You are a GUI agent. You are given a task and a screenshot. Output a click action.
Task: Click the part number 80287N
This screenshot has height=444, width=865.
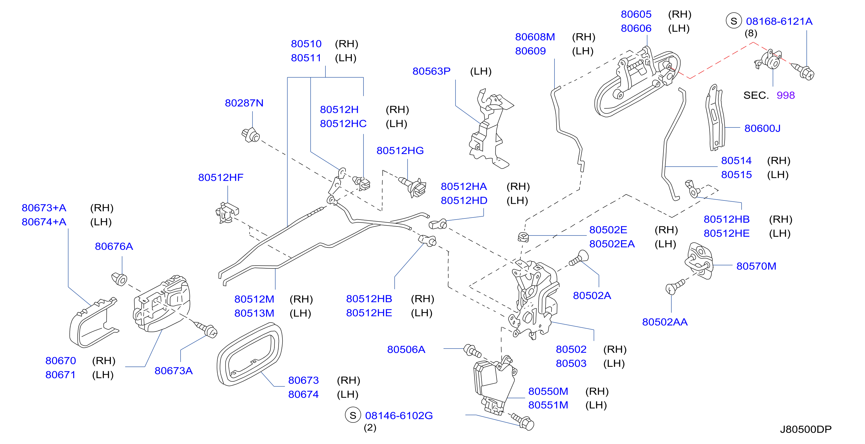[244, 103]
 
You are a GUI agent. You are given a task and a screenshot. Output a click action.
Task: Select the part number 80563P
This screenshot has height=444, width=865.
[432, 71]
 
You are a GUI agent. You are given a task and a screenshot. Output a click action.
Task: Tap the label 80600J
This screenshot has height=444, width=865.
[762, 128]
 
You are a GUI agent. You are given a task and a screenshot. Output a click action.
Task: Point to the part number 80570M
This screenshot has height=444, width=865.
[756, 266]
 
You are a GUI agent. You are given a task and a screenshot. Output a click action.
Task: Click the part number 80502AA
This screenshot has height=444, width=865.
[665, 322]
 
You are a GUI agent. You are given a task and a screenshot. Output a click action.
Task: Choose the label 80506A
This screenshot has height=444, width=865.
[406, 349]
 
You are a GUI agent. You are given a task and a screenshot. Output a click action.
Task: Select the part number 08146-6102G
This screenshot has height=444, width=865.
[399, 416]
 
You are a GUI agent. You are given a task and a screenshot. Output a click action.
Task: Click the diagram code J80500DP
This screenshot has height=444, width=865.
[806, 429]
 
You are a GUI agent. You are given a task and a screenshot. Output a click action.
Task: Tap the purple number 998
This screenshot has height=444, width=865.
[786, 95]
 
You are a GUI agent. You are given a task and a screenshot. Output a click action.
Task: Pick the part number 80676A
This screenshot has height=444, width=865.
[114, 246]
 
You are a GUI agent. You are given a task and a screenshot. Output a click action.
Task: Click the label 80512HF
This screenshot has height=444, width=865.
[221, 177]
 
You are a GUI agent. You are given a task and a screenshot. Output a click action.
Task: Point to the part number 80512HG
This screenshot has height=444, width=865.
[400, 150]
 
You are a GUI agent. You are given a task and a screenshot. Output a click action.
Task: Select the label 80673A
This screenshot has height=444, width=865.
[174, 371]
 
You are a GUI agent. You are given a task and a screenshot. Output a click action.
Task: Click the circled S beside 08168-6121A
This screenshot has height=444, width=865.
[734, 21]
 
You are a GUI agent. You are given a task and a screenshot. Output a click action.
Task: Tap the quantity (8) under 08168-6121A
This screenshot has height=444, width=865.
[751, 33]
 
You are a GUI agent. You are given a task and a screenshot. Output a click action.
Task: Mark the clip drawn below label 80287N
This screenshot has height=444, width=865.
[251, 135]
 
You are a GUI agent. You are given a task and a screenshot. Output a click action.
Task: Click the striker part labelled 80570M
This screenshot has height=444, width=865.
[699, 261]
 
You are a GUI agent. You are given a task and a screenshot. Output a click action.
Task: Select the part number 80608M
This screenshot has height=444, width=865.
[535, 37]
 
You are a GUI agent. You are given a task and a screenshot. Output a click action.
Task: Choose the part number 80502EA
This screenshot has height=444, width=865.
[612, 244]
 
